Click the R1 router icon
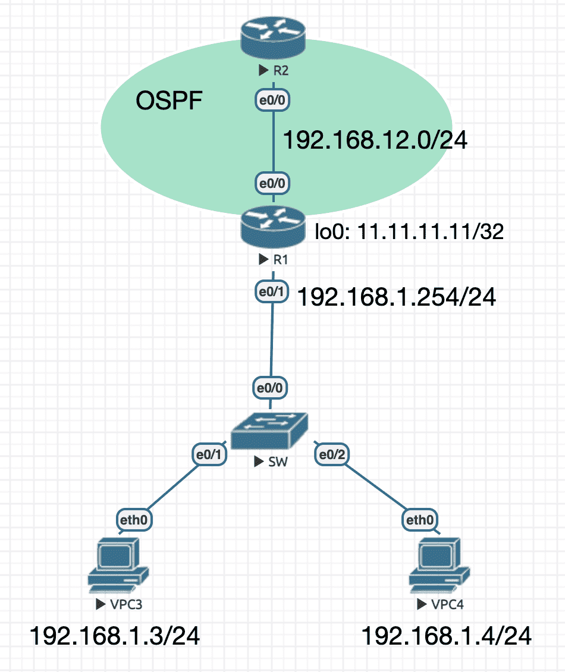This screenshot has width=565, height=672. (272, 227)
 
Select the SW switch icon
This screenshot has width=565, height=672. (269, 431)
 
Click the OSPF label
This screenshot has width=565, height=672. (169, 101)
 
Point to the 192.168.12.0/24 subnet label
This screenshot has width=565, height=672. (375, 140)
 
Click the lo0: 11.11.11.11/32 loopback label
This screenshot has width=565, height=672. (409, 231)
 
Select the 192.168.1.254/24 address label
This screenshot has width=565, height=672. (397, 297)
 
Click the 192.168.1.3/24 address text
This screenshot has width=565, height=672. (115, 636)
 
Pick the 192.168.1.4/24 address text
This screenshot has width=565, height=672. (447, 636)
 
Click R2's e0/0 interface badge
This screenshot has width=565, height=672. (272, 101)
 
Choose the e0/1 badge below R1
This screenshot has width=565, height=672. (272, 292)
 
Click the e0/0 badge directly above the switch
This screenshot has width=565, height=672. (269, 388)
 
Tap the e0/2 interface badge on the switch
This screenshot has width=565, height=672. (332, 454)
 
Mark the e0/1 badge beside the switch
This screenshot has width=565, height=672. (209, 454)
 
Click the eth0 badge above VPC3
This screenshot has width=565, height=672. (134, 520)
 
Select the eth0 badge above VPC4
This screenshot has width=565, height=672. (420, 520)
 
